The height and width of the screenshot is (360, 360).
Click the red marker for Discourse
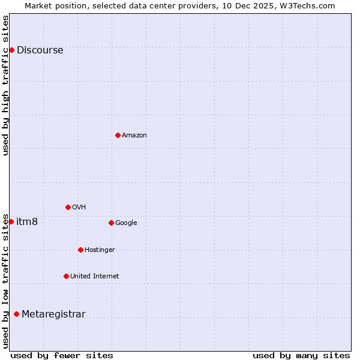[11, 50]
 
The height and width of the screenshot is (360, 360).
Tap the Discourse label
[40, 50]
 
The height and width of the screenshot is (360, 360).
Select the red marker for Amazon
[118, 135]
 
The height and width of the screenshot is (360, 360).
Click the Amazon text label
[134, 136]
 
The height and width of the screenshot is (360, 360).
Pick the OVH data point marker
[68, 207]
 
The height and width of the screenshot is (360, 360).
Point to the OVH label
[79, 208]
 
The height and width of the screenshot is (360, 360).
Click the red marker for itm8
[11, 221]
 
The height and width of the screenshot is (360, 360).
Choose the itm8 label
[27, 222]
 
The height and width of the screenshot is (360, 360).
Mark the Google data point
[111, 223]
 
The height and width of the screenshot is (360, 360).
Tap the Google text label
[126, 223]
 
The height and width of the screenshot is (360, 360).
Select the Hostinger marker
[80, 250]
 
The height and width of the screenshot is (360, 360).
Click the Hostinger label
[100, 250]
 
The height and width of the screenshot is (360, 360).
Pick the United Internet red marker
[66, 276]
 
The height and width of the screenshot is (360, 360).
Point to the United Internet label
[94, 277]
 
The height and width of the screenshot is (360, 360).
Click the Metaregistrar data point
[16, 314]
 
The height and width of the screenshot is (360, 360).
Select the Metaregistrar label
[53, 314]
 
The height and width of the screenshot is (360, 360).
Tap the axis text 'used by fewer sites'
[62, 355]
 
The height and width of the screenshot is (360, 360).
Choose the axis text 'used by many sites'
[301, 355]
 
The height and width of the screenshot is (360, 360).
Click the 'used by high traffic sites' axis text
[6, 85]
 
